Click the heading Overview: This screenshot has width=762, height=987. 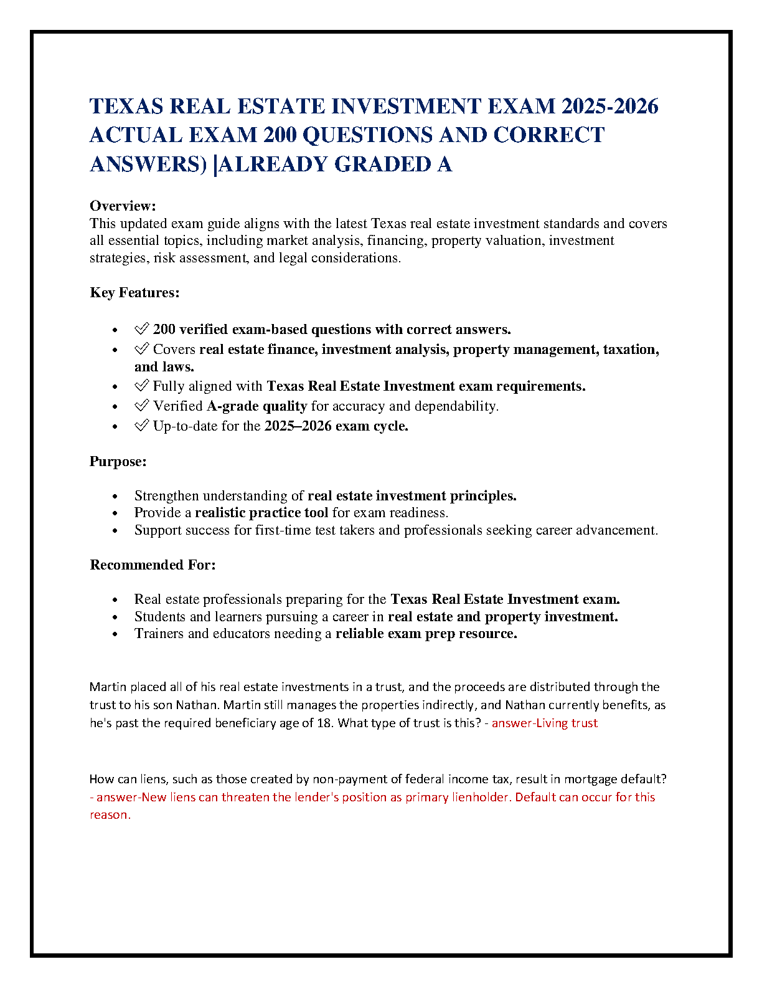[123, 206]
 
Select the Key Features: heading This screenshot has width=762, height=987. [134, 292]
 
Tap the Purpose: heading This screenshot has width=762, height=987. [118, 461]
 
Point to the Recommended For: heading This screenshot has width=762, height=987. [153, 565]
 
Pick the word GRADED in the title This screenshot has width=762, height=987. [382, 164]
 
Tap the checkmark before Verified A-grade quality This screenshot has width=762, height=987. [141, 406]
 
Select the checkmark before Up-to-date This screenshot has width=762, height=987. [141, 426]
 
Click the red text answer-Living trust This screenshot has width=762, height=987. [545, 723]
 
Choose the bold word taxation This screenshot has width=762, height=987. [630, 349]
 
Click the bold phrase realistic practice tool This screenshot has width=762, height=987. [261, 513]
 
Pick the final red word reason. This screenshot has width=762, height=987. [110, 815]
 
